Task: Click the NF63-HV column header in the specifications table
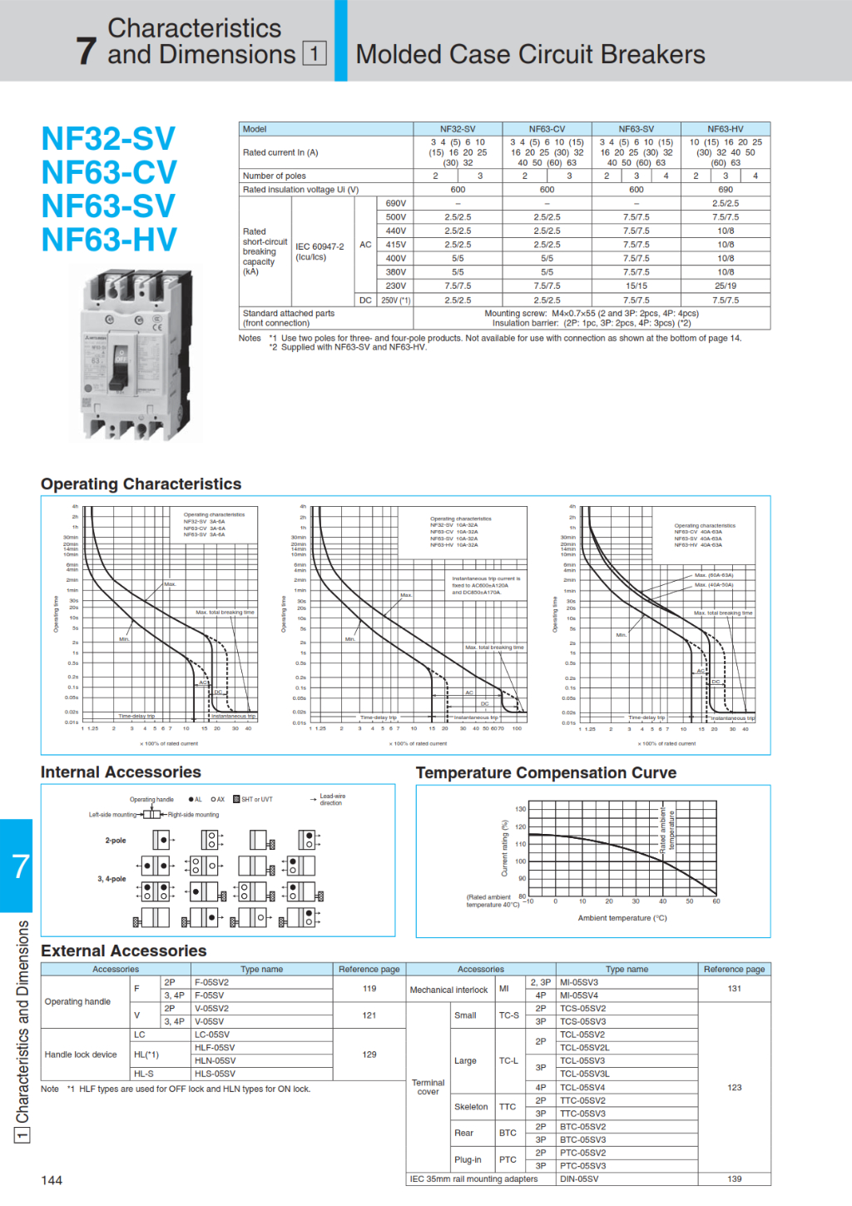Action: [x=725, y=129]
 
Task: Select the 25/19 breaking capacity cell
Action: [x=725, y=285]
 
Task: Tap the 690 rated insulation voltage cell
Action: [x=725, y=190]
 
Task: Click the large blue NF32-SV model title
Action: [x=108, y=139]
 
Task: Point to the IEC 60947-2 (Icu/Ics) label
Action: [x=319, y=251]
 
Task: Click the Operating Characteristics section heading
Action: [x=141, y=484]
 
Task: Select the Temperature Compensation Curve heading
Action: [x=546, y=772]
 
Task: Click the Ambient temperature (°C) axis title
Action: [x=622, y=918]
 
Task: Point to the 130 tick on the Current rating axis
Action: [x=520, y=809]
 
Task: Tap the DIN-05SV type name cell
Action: [x=579, y=1179]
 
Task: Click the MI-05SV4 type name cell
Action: [x=579, y=995]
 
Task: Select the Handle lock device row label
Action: [x=81, y=1055]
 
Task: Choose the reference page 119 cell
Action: [x=369, y=989]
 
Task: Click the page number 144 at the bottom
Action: [x=52, y=1180]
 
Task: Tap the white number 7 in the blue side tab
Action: [x=20, y=866]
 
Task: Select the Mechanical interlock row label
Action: [x=448, y=990]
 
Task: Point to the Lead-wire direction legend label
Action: [x=332, y=799]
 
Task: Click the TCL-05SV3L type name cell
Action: [x=585, y=1074]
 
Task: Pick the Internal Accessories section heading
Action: [x=121, y=772]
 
